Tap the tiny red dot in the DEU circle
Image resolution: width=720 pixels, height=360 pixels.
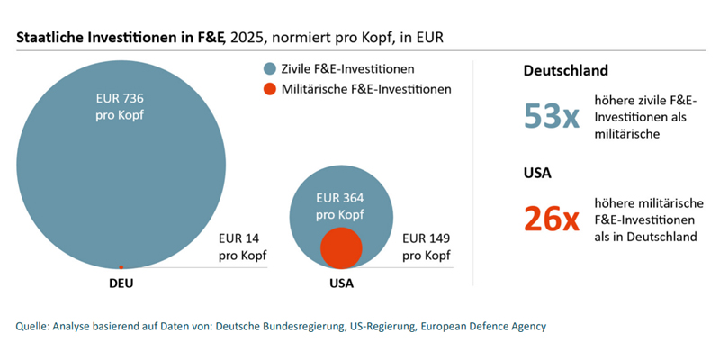click(x=121, y=266)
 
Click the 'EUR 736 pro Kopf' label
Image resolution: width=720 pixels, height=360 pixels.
click(x=121, y=109)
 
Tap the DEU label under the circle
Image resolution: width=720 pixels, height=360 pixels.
click(x=121, y=283)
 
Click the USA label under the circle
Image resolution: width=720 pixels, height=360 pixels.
click(x=341, y=283)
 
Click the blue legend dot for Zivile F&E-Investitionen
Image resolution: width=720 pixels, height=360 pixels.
click(x=269, y=69)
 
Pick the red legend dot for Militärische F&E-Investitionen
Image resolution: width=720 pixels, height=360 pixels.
click(x=269, y=90)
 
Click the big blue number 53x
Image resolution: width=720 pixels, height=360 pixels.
click(x=551, y=117)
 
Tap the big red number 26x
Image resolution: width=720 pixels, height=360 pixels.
click(x=551, y=219)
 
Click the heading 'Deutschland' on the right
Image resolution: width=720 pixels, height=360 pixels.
click(x=566, y=70)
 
